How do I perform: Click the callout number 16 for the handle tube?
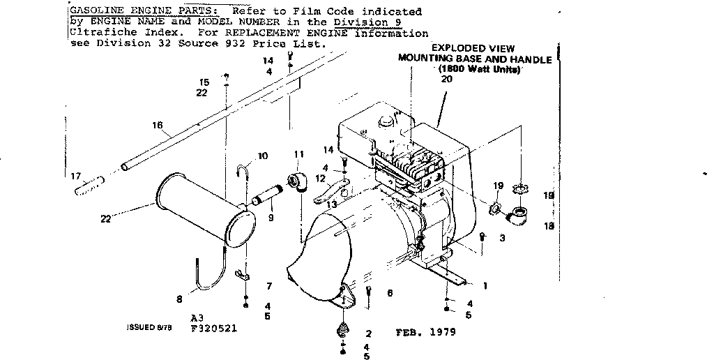[x=157, y=126]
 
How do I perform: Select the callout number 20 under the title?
[x=446, y=80]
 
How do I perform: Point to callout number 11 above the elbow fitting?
[x=299, y=154]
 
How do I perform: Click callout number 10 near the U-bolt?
[x=262, y=156]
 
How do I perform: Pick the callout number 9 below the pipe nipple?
[x=271, y=218]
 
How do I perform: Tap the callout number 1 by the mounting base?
[x=485, y=285]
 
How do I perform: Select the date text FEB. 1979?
[x=425, y=332]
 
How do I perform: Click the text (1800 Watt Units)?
[x=481, y=70]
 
